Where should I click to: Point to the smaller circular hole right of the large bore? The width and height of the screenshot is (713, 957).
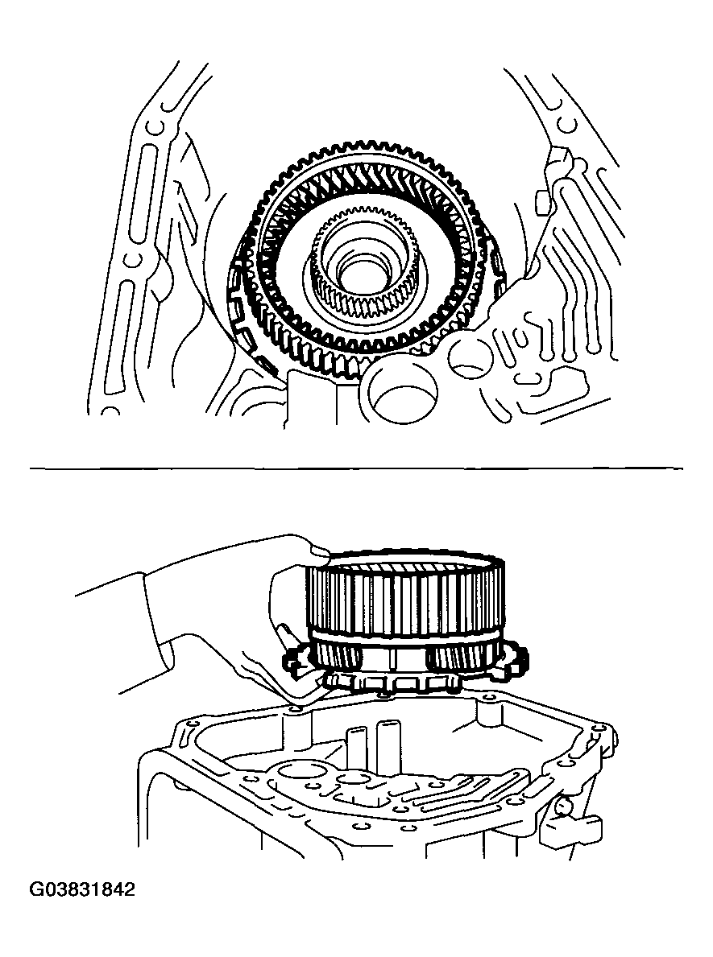469,361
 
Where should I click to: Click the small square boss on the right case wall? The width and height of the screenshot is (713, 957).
542,203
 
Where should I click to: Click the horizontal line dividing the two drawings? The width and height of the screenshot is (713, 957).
357,468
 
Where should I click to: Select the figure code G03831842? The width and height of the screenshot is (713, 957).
82,889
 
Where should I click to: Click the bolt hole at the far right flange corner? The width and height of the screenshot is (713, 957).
603,728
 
